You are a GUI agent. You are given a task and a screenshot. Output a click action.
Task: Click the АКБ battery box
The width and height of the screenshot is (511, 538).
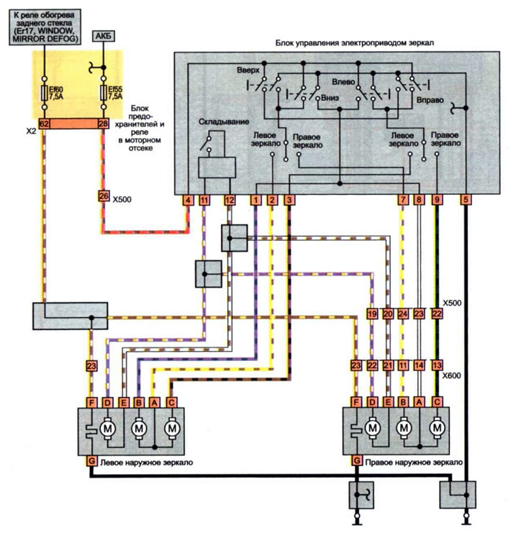click(x=104, y=36)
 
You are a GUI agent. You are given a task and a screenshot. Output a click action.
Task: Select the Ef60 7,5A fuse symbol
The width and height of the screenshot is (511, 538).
click(x=44, y=93)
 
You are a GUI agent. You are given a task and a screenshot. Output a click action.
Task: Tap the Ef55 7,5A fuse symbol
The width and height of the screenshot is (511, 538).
click(x=104, y=93)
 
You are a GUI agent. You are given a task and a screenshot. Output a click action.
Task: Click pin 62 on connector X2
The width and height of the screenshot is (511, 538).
click(x=44, y=124)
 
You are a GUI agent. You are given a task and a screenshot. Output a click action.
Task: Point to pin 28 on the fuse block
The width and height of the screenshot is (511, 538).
click(x=104, y=124)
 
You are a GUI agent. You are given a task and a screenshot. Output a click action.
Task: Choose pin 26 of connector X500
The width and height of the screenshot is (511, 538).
click(x=104, y=196)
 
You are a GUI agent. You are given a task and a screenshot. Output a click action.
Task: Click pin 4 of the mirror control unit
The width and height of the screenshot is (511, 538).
click(x=188, y=200)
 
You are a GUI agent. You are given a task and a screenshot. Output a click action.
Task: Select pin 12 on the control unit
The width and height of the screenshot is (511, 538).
click(x=230, y=200)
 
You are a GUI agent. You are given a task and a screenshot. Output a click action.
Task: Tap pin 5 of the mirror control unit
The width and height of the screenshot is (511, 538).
click(x=466, y=200)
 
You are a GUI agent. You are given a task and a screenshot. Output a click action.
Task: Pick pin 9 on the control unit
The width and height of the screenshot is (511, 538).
click(x=436, y=200)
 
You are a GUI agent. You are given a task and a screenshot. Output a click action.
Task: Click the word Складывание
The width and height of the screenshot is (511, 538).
click(x=224, y=122)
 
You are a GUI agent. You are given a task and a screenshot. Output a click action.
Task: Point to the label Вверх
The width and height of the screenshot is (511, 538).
click(x=248, y=70)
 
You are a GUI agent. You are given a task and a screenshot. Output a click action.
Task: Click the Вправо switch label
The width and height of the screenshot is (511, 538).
click(x=430, y=100)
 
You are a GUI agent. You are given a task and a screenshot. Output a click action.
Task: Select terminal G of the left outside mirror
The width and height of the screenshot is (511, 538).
click(x=91, y=460)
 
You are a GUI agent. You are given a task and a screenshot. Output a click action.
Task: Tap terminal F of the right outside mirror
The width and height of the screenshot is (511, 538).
click(x=356, y=402)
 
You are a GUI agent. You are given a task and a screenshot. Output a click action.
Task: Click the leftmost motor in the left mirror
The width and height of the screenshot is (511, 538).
click(x=107, y=428)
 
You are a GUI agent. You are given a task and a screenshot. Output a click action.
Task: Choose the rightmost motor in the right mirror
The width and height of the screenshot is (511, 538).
click(x=437, y=428)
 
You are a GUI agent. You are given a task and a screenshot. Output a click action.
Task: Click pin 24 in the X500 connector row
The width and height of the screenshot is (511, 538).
click(x=403, y=314)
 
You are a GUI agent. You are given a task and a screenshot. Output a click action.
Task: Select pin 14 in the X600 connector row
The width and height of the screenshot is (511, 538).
click(x=419, y=365)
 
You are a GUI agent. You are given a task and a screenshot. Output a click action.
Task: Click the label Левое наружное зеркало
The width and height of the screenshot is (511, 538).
click(x=147, y=462)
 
